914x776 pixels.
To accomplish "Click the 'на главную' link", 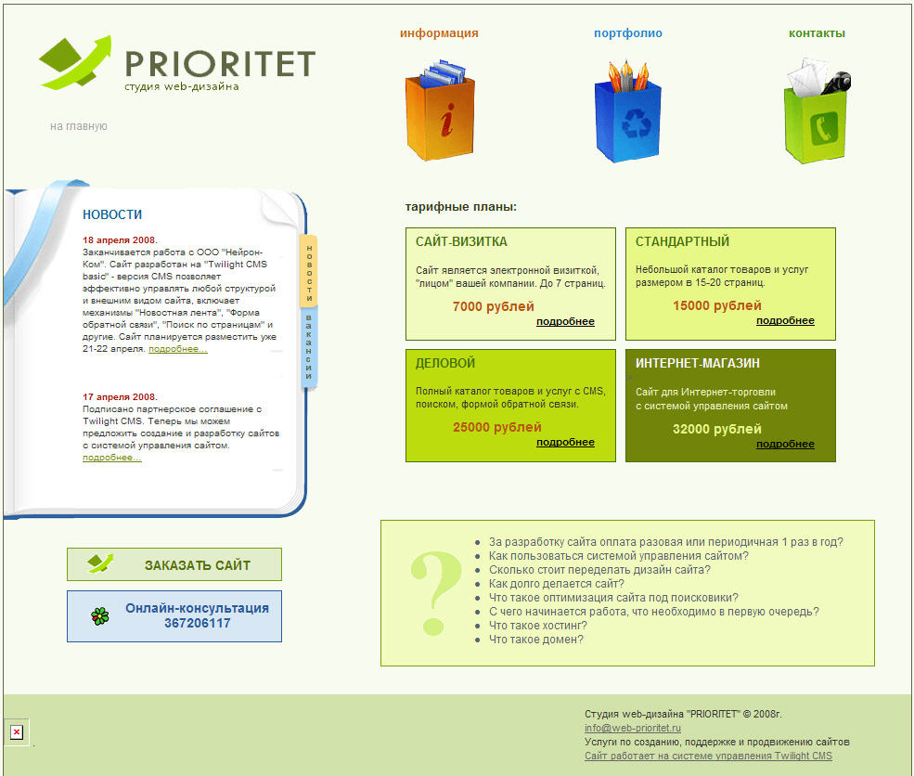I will click(79, 126).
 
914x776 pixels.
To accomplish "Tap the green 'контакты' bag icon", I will click(817, 112).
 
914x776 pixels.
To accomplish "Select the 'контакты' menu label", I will click(817, 33).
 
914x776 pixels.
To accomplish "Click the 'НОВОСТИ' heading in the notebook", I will click(112, 214).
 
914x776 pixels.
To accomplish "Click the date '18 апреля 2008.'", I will click(120, 239).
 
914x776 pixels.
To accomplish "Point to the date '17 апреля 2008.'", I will click(120, 396).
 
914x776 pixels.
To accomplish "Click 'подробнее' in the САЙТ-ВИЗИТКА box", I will click(565, 321).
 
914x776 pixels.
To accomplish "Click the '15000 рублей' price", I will click(716, 305).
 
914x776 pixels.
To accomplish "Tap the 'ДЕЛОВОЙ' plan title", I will click(445, 363).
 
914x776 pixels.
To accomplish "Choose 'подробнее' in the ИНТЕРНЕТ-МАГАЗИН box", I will click(785, 444).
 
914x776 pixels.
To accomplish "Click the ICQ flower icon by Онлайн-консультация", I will click(99, 615).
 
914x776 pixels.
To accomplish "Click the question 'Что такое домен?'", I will click(536, 640).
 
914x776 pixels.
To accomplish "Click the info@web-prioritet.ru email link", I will click(633, 729).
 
